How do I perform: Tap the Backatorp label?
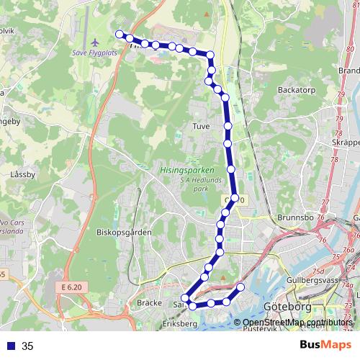tap(294, 91)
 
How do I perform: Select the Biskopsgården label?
tap(118, 233)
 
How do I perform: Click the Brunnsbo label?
tap(293, 217)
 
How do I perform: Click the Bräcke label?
tap(149, 303)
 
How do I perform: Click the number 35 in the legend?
tap(27, 346)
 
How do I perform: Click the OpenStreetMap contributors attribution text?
tap(297, 322)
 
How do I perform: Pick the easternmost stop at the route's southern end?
tap(240, 288)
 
